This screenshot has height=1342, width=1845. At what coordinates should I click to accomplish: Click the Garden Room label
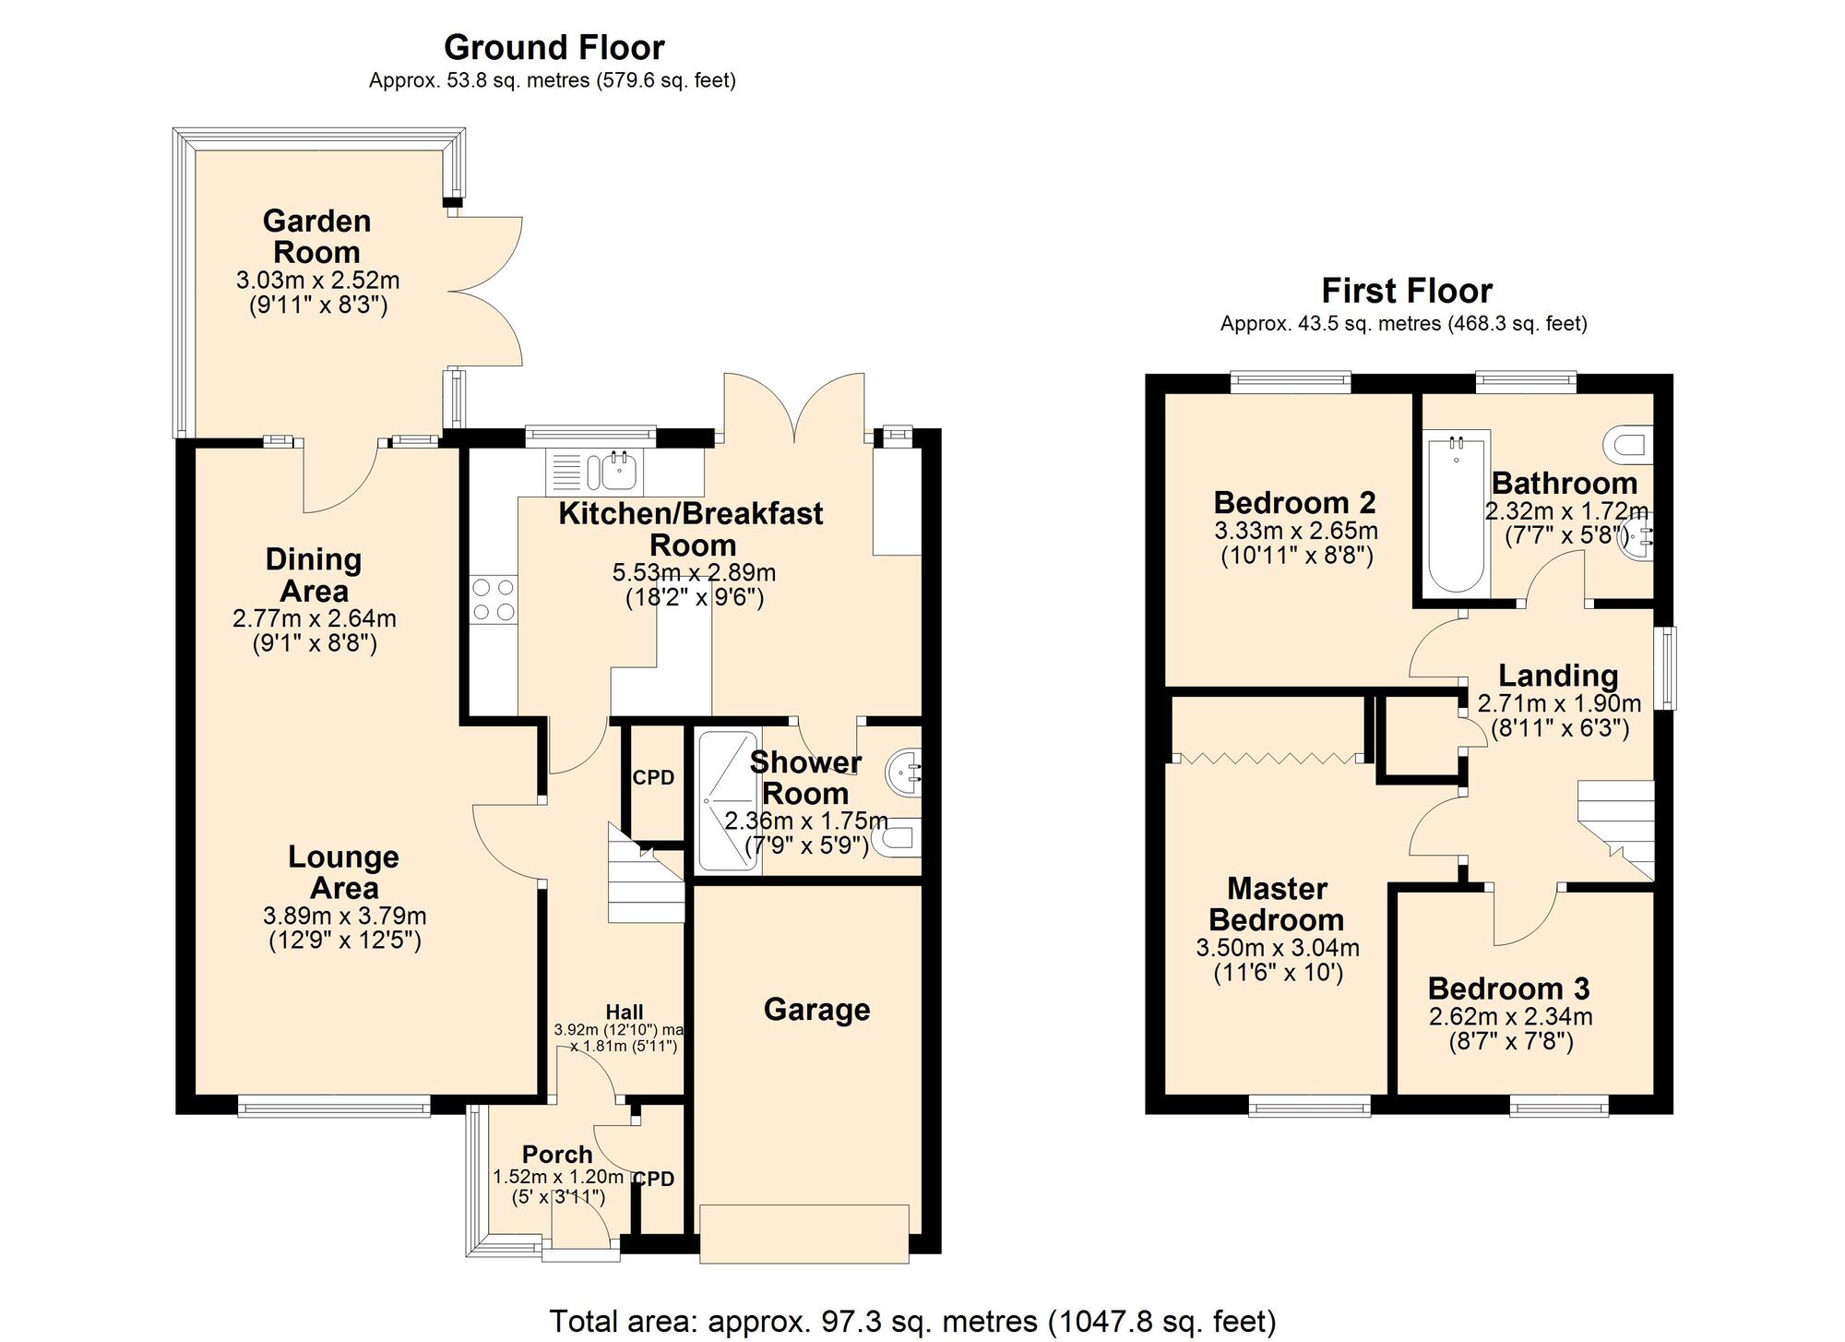click(x=316, y=236)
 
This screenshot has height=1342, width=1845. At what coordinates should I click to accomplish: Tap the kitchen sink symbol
click(x=595, y=472)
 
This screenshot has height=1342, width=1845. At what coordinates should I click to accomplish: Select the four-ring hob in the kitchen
click(x=494, y=599)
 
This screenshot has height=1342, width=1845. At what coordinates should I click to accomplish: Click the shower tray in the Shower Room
click(x=729, y=801)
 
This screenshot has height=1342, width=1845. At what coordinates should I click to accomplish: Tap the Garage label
click(x=816, y=1009)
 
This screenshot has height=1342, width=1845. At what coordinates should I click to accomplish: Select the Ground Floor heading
click(x=553, y=47)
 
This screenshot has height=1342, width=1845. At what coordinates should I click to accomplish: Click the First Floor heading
click(x=1407, y=291)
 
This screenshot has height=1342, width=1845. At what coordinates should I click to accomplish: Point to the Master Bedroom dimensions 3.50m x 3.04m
click(x=1278, y=948)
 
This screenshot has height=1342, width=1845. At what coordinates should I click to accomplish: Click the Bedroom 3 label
click(x=1508, y=989)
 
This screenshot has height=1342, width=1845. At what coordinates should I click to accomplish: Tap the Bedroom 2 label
click(x=1294, y=503)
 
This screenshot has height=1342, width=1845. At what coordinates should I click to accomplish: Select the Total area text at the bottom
click(x=912, y=1322)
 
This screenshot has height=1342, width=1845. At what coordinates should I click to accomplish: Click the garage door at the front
click(x=804, y=1233)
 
